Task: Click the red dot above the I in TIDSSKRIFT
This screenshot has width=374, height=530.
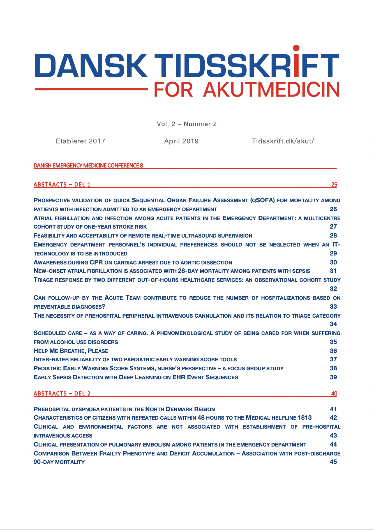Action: tap(296, 48)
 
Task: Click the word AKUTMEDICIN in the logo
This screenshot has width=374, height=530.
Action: tap(271, 90)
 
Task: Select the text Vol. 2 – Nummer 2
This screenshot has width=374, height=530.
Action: tap(187, 124)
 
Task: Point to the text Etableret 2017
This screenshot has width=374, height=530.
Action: tap(80, 141)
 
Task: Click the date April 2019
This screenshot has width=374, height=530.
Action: tap(181, 141)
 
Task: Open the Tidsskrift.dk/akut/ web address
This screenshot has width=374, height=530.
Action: tap(283, 141)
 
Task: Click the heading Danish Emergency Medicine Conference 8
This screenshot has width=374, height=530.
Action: tap(88, 166)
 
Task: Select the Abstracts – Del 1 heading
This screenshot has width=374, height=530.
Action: tap(62, 184)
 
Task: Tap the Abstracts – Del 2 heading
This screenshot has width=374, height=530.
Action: tap(62, 393)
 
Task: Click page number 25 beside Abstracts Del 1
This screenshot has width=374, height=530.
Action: tap(334, 184)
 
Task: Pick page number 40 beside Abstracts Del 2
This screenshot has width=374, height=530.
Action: tap(334, 393)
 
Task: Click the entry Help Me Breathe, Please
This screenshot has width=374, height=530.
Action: tap(71, 351)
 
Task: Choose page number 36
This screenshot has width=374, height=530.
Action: tap(333, 351)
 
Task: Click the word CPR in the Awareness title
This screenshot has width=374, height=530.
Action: tap(96, 262)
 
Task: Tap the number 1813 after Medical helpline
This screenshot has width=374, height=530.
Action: tap(305, 418)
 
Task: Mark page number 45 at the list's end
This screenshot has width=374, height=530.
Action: tap(333, 462)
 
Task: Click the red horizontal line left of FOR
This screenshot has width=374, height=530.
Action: tap(91, 89)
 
